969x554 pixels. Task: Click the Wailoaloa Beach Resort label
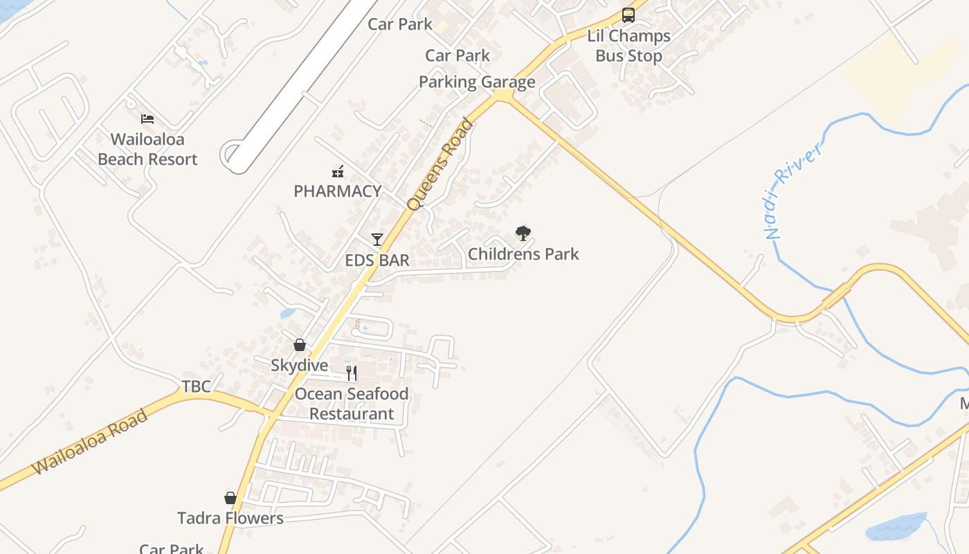[147, 149]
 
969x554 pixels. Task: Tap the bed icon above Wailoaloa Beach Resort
[147, 118]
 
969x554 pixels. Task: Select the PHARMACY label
[337, 191]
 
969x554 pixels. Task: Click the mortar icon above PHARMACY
[338, 170]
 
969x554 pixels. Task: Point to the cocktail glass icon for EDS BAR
[377, 240]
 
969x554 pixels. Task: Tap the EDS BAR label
[377, 260]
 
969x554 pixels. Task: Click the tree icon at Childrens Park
[523, 233]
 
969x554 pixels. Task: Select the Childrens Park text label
[523, 254]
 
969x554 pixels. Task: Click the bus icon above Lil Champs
[628, 15]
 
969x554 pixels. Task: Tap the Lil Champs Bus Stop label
[628, 46]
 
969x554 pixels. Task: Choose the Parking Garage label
[477, 82]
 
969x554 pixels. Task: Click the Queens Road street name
[440, 165]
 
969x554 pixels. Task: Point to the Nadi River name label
[793, 190]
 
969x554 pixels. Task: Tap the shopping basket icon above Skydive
[300, 345]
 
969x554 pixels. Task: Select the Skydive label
[300, 366]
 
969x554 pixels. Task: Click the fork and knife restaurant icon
[352, 373]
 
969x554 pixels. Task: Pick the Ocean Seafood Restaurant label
[352, 404]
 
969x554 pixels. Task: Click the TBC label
[196, 386]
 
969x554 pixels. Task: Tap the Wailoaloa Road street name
[90, 442]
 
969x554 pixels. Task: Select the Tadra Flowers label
[230, 518]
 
